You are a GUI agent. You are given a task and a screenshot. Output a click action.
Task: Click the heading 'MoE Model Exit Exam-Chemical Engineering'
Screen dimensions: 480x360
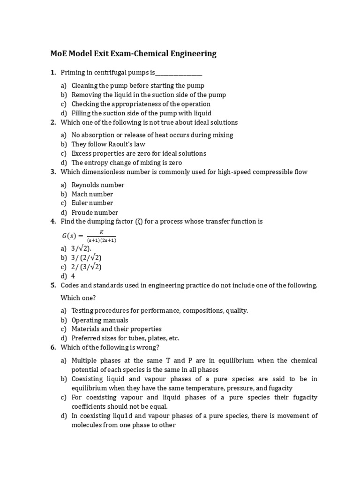click(x=133, y=53)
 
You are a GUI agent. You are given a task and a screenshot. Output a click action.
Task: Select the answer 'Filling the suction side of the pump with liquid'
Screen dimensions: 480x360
click(x=141, y=113)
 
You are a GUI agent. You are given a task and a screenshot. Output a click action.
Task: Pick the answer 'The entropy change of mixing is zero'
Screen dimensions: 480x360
click(x=127, y=163)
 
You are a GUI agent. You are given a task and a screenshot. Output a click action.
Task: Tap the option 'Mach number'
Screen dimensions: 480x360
click(x=92, y=194)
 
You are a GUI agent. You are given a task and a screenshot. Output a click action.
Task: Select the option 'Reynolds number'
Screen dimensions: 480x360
click(x=98, y=185)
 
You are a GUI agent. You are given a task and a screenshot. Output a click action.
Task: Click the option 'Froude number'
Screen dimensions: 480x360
click(x=95, y=212)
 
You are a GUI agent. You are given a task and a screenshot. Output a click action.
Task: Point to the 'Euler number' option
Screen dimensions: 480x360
click(x=92, y=203)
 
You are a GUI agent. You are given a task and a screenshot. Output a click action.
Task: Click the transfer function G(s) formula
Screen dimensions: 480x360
click(x=84, y=236)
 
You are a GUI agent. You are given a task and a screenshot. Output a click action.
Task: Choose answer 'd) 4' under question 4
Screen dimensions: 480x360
click(x=73, y=276)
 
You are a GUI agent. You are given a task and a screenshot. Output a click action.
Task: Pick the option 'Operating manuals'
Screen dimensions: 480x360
click(x=100, y=320)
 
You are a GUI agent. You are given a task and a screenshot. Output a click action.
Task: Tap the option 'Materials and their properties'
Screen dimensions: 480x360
click(x=116, y=329)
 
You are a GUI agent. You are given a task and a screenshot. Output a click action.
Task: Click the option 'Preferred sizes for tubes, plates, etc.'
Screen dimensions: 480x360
click(x=126, y=338)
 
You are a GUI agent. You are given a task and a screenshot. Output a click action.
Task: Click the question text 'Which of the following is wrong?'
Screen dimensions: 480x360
click(x=110, y=347)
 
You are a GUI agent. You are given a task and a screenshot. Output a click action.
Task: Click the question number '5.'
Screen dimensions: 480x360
click(x=53, y=285)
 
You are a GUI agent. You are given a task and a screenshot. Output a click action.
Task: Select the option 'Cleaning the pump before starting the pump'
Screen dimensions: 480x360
click(x=138, y=85)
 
